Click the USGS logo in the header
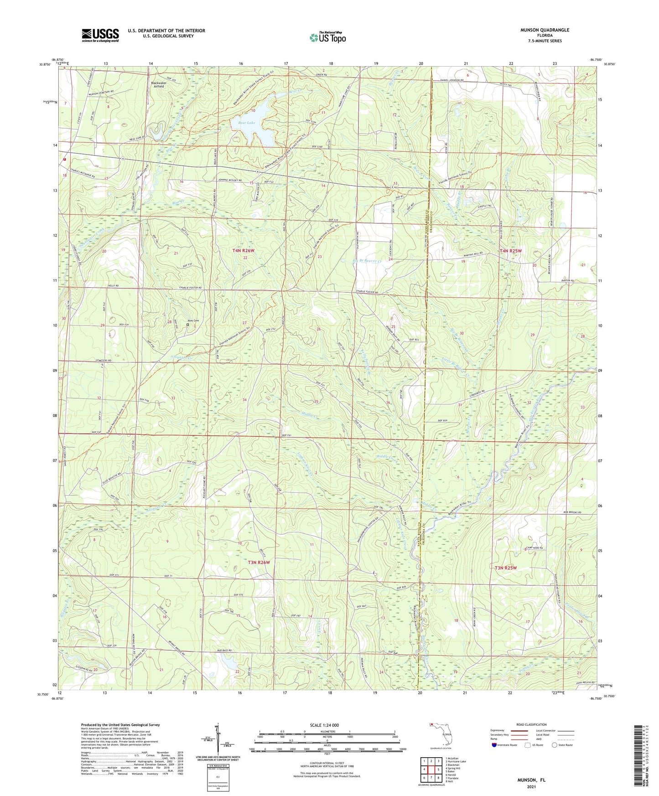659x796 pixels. click(100, 35)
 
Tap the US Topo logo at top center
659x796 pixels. click(327, 37)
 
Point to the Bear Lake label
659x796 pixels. click(243, 123)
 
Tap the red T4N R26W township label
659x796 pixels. click(246, 251)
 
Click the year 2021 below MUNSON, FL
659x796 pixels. click(531, 786)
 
